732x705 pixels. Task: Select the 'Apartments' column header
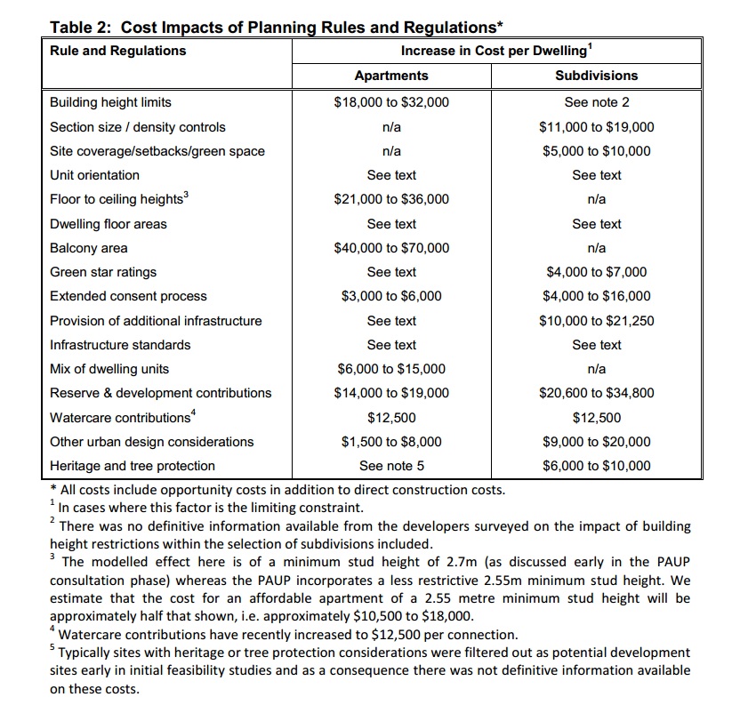point(391,76)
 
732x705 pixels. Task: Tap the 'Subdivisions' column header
point(597,76)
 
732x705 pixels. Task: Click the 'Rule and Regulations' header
point(118,51)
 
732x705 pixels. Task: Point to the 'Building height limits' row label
point(110,102)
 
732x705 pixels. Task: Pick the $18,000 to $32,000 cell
point(391,102)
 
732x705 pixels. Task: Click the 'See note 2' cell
point(597,102)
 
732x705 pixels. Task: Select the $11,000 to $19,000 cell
point(597,127)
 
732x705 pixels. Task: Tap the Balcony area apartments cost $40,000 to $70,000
point(391,248)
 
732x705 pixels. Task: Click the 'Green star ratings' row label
point(103,272)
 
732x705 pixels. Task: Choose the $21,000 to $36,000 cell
point(391,199)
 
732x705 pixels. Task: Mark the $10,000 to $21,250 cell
point(597,321)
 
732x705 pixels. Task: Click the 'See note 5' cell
point(391,465)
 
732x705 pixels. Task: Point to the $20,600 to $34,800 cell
point(597,393)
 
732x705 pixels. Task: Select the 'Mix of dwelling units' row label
point(109,369)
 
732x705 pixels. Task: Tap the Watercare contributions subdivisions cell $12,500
point(597,417)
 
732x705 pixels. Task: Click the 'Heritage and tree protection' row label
point(133,465)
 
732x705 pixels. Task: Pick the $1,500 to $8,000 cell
point(391,441)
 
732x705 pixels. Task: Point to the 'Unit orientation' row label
point(94,175)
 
